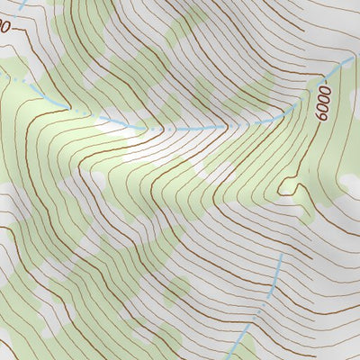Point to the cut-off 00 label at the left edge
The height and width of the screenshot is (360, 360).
pyautogui.click(x=4, y=27)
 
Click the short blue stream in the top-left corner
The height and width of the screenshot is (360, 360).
pyautogui.click(x=22, y=5)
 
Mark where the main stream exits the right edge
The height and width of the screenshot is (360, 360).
pyautogui.click(x=356, y=58)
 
